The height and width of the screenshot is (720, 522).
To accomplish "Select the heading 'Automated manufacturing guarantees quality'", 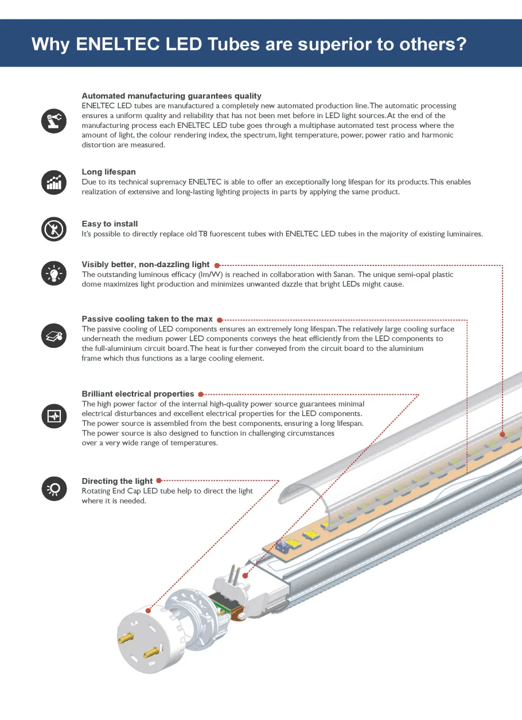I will pos(171,96).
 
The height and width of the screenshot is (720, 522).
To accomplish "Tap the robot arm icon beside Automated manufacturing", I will pos(54,120).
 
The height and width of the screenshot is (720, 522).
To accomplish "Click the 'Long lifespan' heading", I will pos(108,172).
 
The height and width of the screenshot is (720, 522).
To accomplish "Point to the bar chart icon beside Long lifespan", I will pos(54,182).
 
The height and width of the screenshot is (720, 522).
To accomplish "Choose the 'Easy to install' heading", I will pos(110,224).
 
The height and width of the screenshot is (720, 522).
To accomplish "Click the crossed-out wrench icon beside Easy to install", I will pos(54,229).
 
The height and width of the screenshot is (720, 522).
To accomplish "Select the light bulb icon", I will pos(54,273).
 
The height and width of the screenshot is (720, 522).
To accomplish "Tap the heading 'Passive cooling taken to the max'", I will pos(147,319).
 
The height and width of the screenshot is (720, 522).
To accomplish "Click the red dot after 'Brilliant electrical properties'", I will pos(200,394).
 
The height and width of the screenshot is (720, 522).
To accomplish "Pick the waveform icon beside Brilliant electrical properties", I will pos(54,416).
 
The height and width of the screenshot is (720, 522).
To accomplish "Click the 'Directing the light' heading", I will pos(117,481).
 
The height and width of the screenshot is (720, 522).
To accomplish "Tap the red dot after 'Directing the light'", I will pos(159,481).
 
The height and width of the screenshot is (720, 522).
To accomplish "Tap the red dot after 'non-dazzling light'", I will pos(216,265).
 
